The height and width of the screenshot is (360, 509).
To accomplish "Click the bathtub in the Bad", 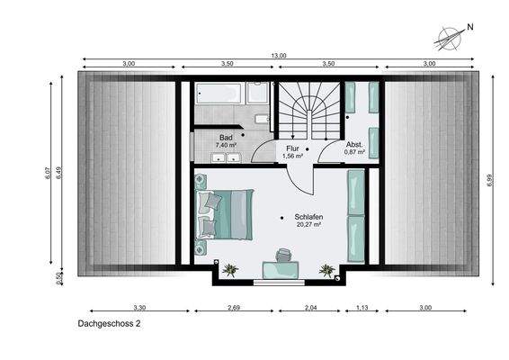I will [218, 94].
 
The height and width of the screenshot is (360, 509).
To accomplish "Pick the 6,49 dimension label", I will [59, 171].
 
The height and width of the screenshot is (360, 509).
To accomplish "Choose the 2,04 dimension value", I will [309, 308].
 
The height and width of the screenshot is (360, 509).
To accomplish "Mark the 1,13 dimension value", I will [362, 308].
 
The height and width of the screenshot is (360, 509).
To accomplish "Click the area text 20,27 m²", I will [308, 226].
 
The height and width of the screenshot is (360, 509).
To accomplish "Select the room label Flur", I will [293, 148].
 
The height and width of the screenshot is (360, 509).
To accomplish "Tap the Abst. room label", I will [353, 145].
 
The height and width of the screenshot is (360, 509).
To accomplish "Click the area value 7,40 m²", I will [226, 145].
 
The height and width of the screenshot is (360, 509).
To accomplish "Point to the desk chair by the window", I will [284, 255].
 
